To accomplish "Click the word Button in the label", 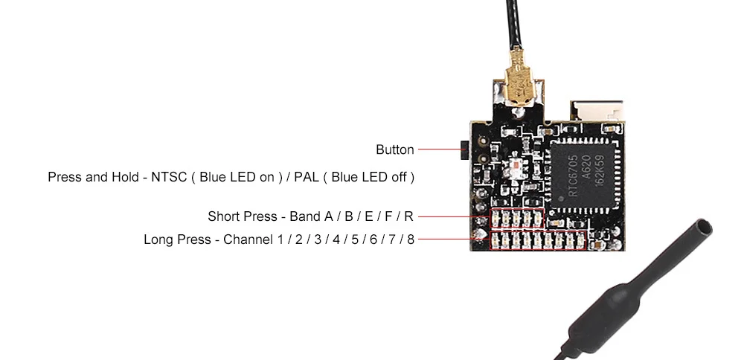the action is pos(395,150).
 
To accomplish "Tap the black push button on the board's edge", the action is pos(464,150).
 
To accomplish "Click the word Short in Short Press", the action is pos(223,216).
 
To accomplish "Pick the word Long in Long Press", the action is pos(158,240).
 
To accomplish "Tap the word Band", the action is pos(304,216).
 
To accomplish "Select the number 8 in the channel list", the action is pos(411,240).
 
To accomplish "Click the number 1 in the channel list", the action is pos(281,240).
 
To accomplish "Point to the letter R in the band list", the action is pos(408,216).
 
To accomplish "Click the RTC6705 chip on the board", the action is pos(585,176).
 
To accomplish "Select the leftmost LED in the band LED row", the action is pos(496,218).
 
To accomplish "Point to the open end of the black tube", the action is pos(704,227).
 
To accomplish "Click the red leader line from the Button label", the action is pos(440,149).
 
